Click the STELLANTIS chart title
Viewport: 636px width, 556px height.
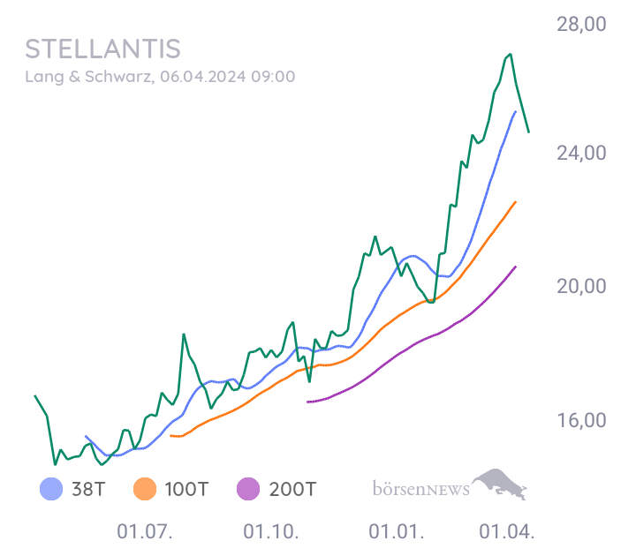102,49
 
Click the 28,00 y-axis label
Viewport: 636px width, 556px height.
580,24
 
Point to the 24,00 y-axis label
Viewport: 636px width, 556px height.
580,153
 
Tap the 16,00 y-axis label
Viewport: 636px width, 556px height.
580,420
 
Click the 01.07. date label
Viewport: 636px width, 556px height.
144,532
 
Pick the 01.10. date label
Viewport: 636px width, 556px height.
271,532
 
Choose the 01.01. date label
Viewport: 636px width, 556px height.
397,532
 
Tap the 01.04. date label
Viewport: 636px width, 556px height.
507,532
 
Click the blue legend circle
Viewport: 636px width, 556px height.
51,488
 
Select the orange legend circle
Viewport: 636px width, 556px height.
144,488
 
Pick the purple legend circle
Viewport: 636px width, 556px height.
248,488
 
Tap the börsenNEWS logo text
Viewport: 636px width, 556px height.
420,489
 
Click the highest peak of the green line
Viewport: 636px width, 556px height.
510,54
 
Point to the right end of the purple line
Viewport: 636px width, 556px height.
516,266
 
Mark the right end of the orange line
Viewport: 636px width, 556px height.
516,201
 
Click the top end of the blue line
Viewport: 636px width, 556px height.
515,112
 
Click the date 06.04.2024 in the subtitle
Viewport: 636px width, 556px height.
203,77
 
